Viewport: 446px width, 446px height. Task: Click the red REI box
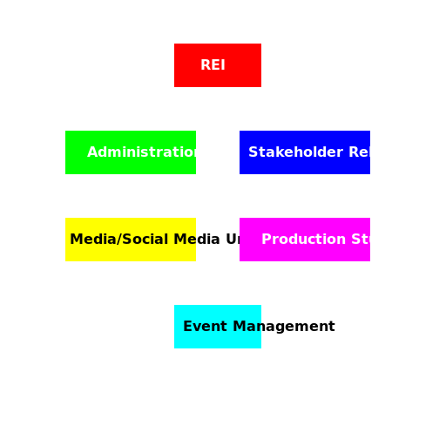pos(218,65)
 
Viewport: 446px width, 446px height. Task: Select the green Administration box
pos(131,152)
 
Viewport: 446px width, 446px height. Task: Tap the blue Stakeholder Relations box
pos(305,152)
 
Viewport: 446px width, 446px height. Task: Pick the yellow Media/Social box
pos(131,240)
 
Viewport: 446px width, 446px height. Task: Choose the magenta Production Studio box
pos(305,240)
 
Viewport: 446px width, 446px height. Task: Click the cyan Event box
pos(218,327)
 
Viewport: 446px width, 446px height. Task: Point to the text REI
pos(213,65)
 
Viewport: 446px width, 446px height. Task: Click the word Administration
pos(145,152)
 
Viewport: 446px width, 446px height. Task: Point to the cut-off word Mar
pos(247,327)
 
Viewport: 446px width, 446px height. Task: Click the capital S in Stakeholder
pos(253,152)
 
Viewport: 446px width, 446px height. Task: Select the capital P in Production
pos(267,240)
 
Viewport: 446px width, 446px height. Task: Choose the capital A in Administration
pos(92,152)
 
